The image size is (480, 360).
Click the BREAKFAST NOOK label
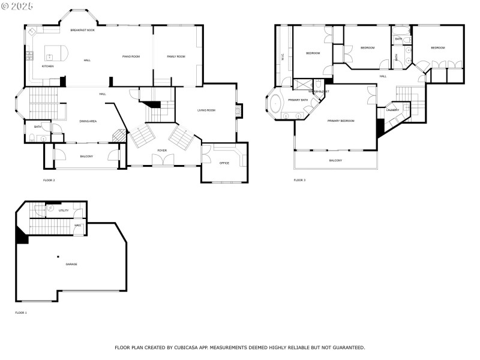point(82,30)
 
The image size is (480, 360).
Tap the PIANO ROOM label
point(131,56)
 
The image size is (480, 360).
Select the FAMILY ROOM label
point(176,56)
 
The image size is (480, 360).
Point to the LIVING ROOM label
point(206,110)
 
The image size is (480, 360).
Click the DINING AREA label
point(88,121)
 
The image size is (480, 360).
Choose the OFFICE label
point(224,163)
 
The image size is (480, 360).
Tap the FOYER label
point(162,151)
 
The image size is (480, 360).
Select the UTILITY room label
point(63,211)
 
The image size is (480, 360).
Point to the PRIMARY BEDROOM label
point(341,121)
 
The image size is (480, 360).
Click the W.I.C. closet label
point(282,58)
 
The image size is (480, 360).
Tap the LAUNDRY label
point(393,110)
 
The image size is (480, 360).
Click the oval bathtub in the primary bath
point(275,103)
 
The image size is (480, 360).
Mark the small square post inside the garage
point(58,256)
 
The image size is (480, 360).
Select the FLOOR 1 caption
point(21,313)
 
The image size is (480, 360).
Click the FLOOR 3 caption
point(299,180)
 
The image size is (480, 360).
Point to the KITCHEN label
point(47,66)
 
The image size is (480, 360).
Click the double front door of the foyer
point(162,160)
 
